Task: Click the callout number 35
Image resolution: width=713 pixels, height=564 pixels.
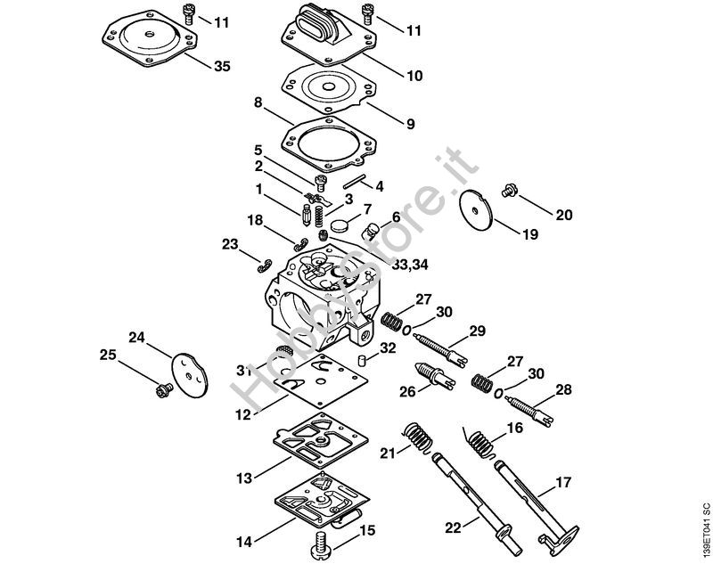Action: click(x=222, y=66)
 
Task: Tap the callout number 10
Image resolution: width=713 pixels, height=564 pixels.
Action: click(x=414, y=76)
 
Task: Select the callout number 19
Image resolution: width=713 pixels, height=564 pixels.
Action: click(x=529, y=234)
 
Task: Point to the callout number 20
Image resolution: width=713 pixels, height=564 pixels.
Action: click(x=564, y=215)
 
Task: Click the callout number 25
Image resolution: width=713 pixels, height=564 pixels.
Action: click(x=108, y=355)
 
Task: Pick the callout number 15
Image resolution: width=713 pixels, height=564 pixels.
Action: click(x=367, y=530)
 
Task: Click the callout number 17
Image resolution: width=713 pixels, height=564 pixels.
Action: click(x=563, y=482)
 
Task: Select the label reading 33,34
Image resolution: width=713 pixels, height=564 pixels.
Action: click(x=410, y=265)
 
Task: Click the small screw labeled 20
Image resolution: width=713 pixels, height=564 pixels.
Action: click(x=507, y=192)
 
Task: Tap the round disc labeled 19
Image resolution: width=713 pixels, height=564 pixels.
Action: click(x=476, y=210)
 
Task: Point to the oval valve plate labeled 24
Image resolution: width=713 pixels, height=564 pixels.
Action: click(x=190, y=375)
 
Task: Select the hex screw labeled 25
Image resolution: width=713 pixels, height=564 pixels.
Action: click(x=163, y=390)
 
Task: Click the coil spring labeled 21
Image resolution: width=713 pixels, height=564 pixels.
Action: click(x=418, y=437)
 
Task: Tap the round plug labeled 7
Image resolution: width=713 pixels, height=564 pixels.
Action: click(x=340, y=225)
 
